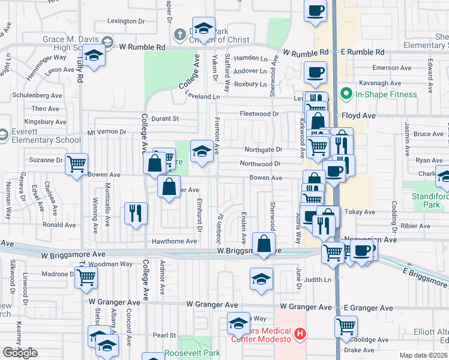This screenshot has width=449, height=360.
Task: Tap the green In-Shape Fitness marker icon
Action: pyautogui.click(x=346, y=94)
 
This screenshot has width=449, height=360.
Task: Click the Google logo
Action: pyautogui.click(x=20, y=353)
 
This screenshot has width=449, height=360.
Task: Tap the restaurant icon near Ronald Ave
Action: pyautogui.click(x=135, y=213)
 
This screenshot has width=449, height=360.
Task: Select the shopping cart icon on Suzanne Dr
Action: pyautogui.click(x=77, y=163)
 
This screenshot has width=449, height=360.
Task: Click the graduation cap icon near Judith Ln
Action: pyautogui.click(x=262, y=279)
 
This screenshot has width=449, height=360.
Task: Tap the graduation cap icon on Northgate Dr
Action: pyautogui.click(x=202, y=151)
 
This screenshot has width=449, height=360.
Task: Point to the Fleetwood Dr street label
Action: pyautogui.click(x=259, y=114)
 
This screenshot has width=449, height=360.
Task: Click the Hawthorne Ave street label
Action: pyautogui.click(x=175, y=241)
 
